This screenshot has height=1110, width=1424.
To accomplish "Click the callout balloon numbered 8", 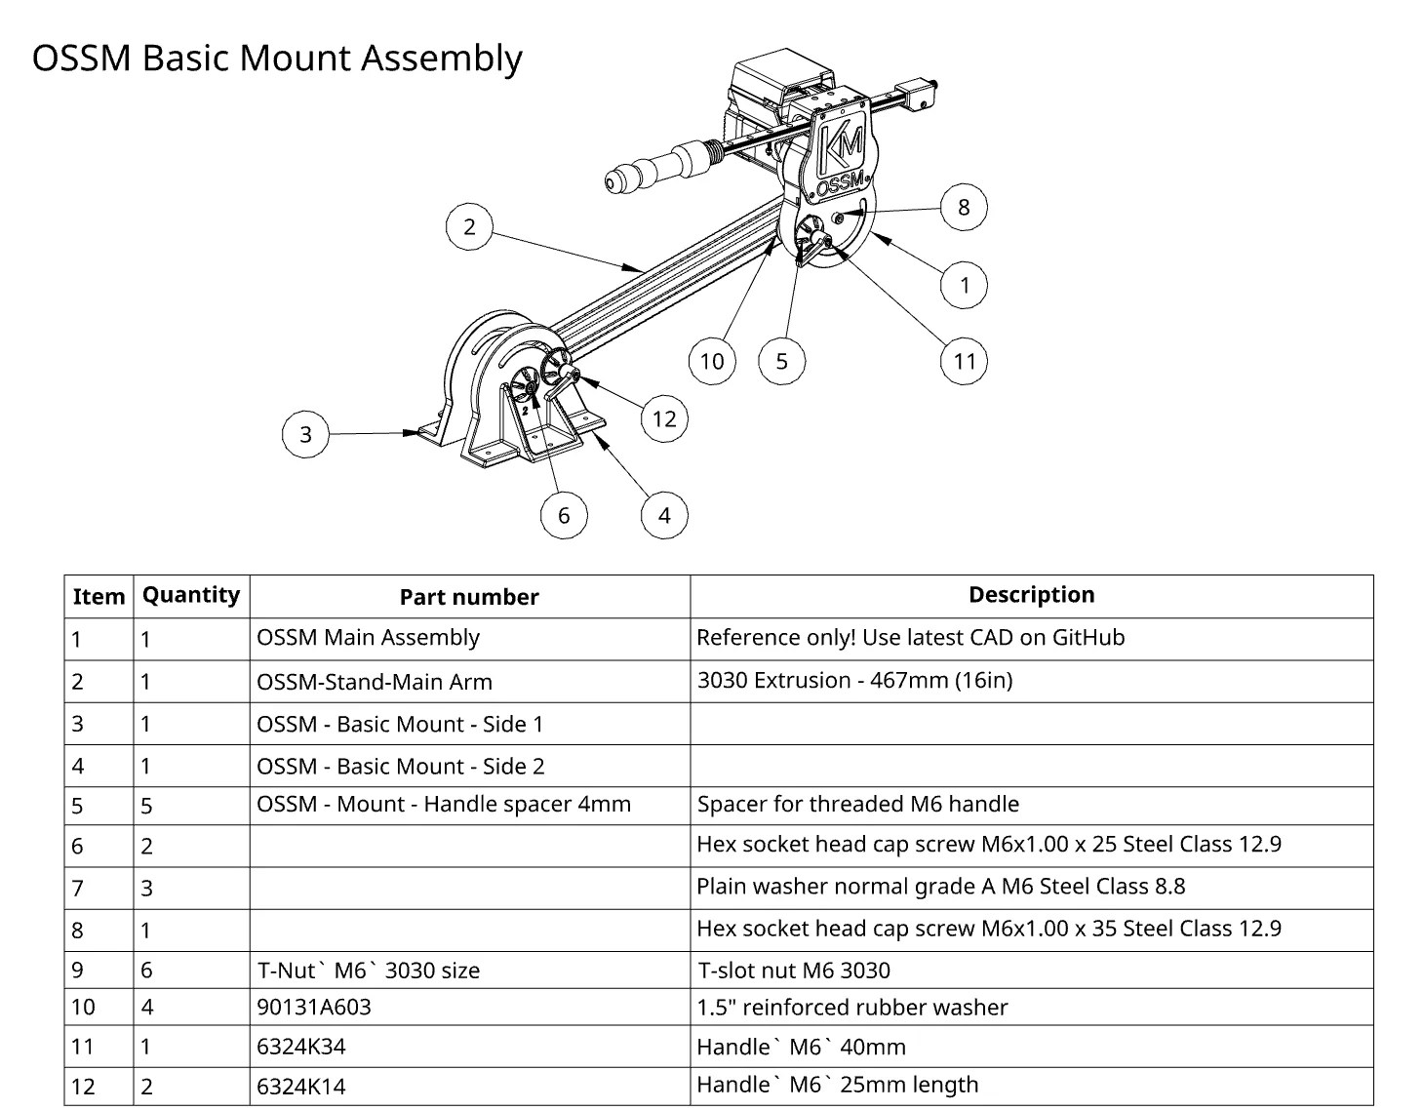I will pyautogui.click(x=964, y=207).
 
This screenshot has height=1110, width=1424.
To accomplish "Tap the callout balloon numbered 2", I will pyautogui.click(x=469, y=226).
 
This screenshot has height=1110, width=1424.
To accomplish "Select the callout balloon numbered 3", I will pyautogui.click(x=305, y=434).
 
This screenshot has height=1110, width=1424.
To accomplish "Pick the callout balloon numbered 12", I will pyautogui.click(x=664, y=418).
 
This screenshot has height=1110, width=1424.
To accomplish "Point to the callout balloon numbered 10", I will pyautogui.click(x=712, y=361).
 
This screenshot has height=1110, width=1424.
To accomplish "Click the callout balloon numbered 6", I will pyautogui.click(x=564, y=514).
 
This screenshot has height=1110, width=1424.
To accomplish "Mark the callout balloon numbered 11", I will pyautogui.click(x=965, y=361).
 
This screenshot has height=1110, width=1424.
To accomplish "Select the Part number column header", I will pyautogui.click(x=469, y=597).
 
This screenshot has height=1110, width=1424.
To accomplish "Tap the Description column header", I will pyautogui.click(x=1031, y=595).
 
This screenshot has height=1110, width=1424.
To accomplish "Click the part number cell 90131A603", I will pyautogui.click(x=314, y=1007).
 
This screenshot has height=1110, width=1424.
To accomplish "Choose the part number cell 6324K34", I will pyautogui.click(x=301, y=1047).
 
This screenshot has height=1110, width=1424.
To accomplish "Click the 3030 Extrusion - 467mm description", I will pyautogui.click(x=854, y=680).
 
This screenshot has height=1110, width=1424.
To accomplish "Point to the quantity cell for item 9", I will pyautogui.click(x=147, y=970).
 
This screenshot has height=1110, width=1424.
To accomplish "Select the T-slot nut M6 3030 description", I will pyautogui.click(x=793, y=970).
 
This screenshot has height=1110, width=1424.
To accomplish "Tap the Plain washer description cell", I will pyautogui.click(x=940, y=887).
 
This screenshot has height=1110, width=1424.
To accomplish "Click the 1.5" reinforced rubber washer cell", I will pyautogui.click(x=851, y=1007).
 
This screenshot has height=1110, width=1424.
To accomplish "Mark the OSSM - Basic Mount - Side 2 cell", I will pyautogui.click(x=400, y=766).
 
